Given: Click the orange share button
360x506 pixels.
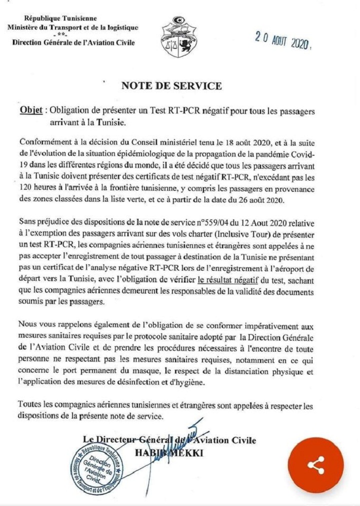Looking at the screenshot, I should click(316, 465).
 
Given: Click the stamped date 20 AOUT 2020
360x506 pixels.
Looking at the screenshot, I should click(282, 39).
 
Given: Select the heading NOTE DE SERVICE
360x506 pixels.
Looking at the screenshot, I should click(171, 86).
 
